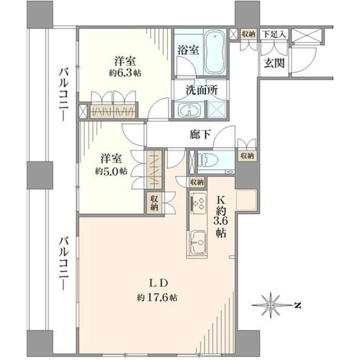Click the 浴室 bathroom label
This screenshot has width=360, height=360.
click(x=188, y=50)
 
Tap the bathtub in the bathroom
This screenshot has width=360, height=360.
click(x=215, y=52)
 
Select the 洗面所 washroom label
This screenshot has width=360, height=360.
click(x=202, y=90)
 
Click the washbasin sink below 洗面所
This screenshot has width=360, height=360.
click(x=189, y=110)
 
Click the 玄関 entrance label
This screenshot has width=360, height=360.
click(x=274, y=63)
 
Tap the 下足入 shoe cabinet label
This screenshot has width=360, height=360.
click(x=274, y=34)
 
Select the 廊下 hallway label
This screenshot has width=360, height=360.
click(x=200, y=135)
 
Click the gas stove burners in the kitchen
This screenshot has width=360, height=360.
click(x=198, y=204)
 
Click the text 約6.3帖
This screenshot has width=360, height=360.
click(x=125, y=73)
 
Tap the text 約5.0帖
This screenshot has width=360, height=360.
click(x=111, y=171)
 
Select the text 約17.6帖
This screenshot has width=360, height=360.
click(x=158, y=298)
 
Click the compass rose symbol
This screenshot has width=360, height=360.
click(x=271, y=305)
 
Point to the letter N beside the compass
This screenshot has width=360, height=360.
click(x=298, y=305)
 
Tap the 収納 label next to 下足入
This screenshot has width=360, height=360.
click(x=248, y=34)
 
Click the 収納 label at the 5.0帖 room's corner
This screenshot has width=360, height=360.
click(x=154, y=203)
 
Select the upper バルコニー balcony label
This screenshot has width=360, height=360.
click(x=64, y=95)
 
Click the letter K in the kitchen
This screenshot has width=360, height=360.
click(x=221, y=199)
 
